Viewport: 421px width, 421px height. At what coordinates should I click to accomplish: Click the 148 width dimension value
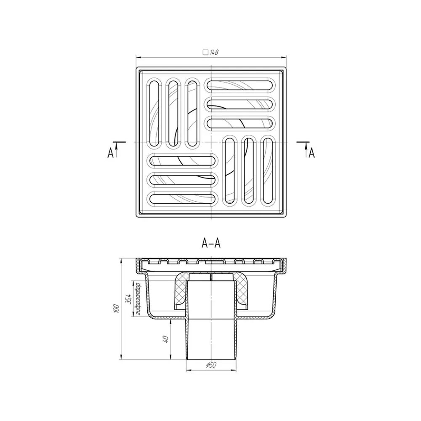coord(214,52)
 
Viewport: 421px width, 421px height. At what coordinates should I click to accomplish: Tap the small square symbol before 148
coord(205,52)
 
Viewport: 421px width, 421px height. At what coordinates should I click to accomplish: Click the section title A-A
coord(211,243)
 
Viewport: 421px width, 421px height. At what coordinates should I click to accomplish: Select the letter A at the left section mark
coord(110,153)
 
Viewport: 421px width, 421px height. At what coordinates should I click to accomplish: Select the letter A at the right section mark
coord(312,153)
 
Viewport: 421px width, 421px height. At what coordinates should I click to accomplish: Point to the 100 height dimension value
coord(116,309)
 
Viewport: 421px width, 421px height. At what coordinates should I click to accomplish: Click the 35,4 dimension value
coord(128,299)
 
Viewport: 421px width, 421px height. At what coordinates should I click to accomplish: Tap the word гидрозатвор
coord(138,298)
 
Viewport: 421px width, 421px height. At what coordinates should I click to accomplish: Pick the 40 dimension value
coord(165,339)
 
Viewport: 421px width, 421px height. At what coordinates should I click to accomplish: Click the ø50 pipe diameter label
coord(211,365)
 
